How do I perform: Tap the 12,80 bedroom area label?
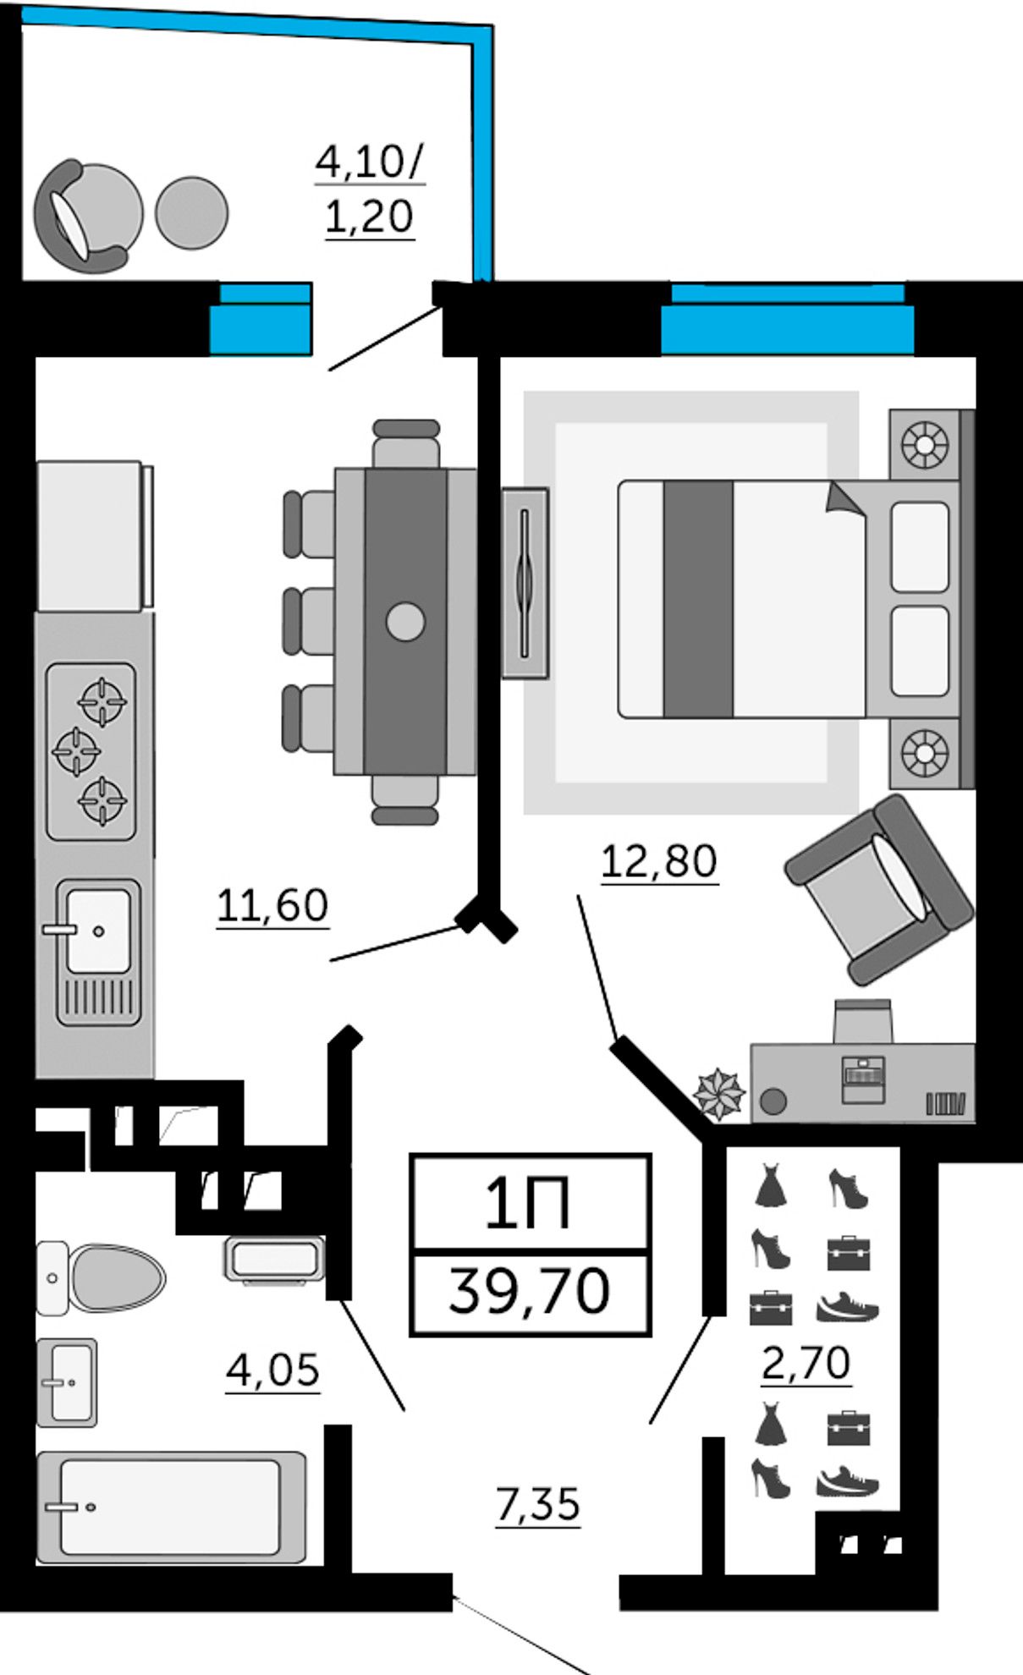[659, 861]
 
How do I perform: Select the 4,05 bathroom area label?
[272, 1370]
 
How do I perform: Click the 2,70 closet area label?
[806, 1363]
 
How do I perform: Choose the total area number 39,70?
[530, 1292]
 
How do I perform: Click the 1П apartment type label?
[528, 1204]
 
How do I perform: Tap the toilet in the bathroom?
[110, 1277]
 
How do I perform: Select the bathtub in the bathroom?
[171, 1507]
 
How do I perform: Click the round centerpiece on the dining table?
[405, 622]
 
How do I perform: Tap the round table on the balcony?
[192, 213]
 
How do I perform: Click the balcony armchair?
[85, 217]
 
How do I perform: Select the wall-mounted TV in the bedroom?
[525, 583]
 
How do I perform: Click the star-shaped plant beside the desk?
[718, 1094]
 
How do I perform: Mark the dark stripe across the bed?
[698, 599]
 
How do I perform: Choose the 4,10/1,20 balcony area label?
[370, 189]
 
